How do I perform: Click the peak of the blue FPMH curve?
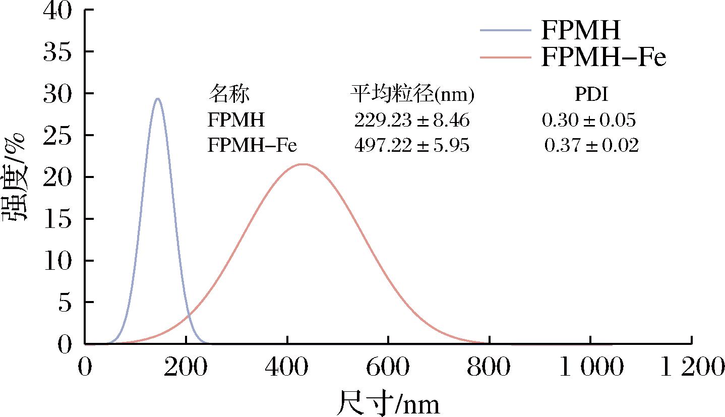158,99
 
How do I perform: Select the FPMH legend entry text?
580,31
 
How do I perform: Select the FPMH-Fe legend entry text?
603,58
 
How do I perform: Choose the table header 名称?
229,94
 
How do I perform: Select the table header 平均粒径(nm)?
412,94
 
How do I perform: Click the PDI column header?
591,94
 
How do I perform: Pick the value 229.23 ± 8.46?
412,120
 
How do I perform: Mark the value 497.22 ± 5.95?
412,146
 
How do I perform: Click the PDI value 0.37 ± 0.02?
591,146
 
